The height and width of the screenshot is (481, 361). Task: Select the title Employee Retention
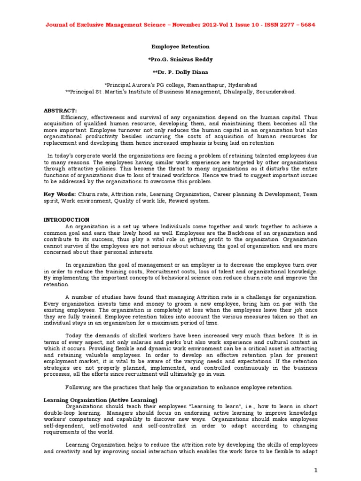coord(180,47)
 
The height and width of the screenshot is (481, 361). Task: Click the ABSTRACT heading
coord(60,110)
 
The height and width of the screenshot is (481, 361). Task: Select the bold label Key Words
coord(60,194)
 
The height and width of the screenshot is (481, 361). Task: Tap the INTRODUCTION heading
coord(66,219)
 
